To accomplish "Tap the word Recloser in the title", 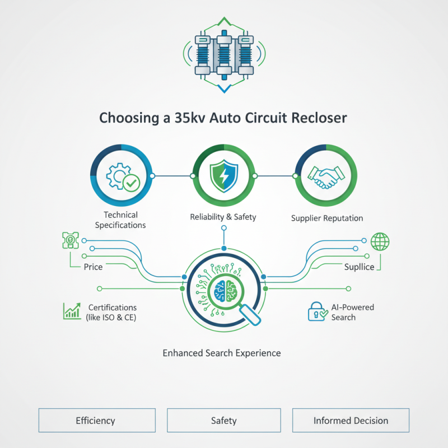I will point(320,118).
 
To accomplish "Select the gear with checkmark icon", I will point(121,176).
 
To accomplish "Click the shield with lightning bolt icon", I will point(223,176).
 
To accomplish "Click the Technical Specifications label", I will point(120,220).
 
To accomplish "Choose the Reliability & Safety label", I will point(223,217).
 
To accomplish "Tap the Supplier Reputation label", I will point(327,218).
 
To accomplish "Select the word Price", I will point(93,267).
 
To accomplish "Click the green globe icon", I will point(380,242).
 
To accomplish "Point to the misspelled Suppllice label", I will point(359,267).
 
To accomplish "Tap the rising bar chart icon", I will point(72,311).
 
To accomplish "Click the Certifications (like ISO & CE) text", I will point(111,312).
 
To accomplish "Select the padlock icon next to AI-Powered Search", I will point(316,312).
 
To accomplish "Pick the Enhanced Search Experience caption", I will point(222,353).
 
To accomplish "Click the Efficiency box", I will point(96,421).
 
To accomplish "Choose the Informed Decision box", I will point(351,421).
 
